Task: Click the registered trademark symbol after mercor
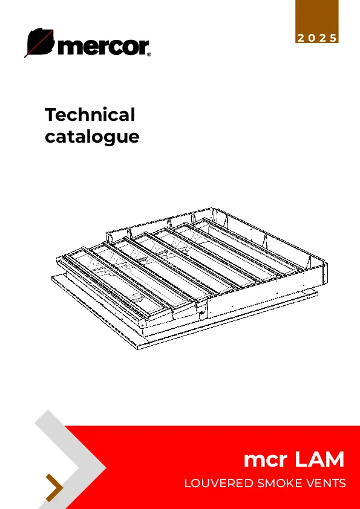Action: click(x=149, y=55)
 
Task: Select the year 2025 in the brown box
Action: click(x=317, y=38)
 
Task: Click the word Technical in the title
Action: click(x=90, y=114)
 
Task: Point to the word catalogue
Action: click(x=92, y=137)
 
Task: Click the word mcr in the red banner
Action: click(x=266, y=459)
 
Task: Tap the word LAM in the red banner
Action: click(x=319, y=459)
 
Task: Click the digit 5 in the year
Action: click(x=333, y=38)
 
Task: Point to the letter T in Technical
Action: click(x=52, y=115)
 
